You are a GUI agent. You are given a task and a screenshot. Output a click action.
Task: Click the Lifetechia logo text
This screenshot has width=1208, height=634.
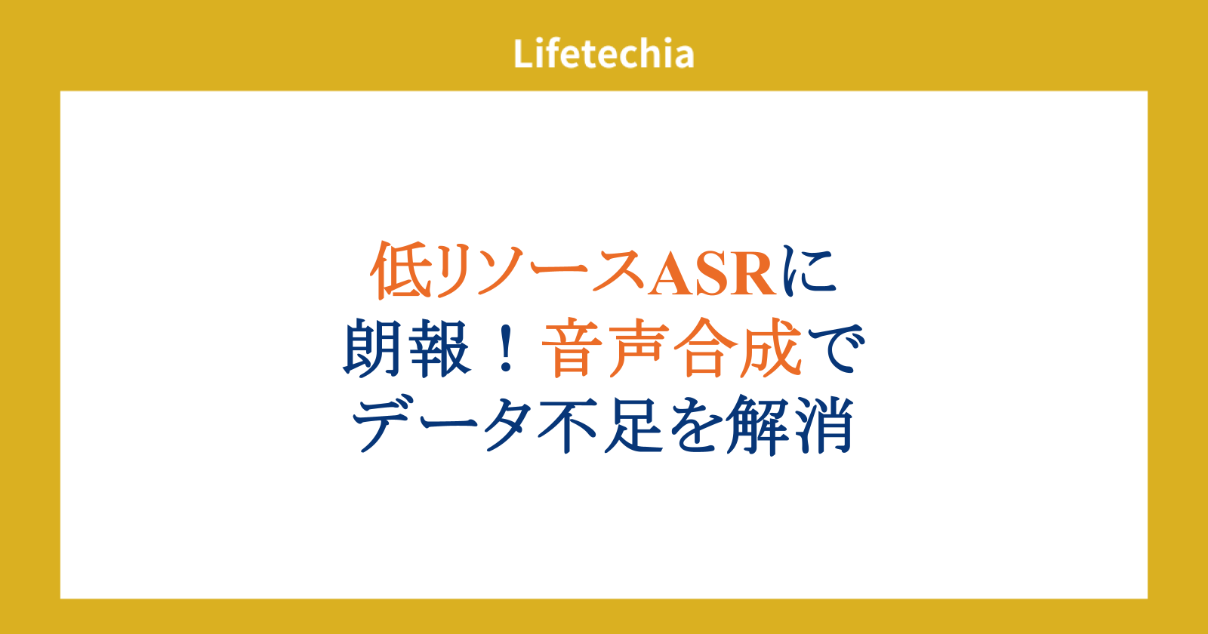tap(603, 54)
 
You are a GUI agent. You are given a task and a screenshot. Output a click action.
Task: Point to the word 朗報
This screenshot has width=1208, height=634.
tap(407, 348)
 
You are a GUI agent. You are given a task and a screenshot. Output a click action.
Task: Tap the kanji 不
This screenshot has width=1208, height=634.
tap(567, 425)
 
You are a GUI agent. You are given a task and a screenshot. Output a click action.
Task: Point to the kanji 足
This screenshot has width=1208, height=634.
tap(633, 425)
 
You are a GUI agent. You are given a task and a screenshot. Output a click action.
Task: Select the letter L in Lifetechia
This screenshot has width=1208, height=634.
tap(523, 54)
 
